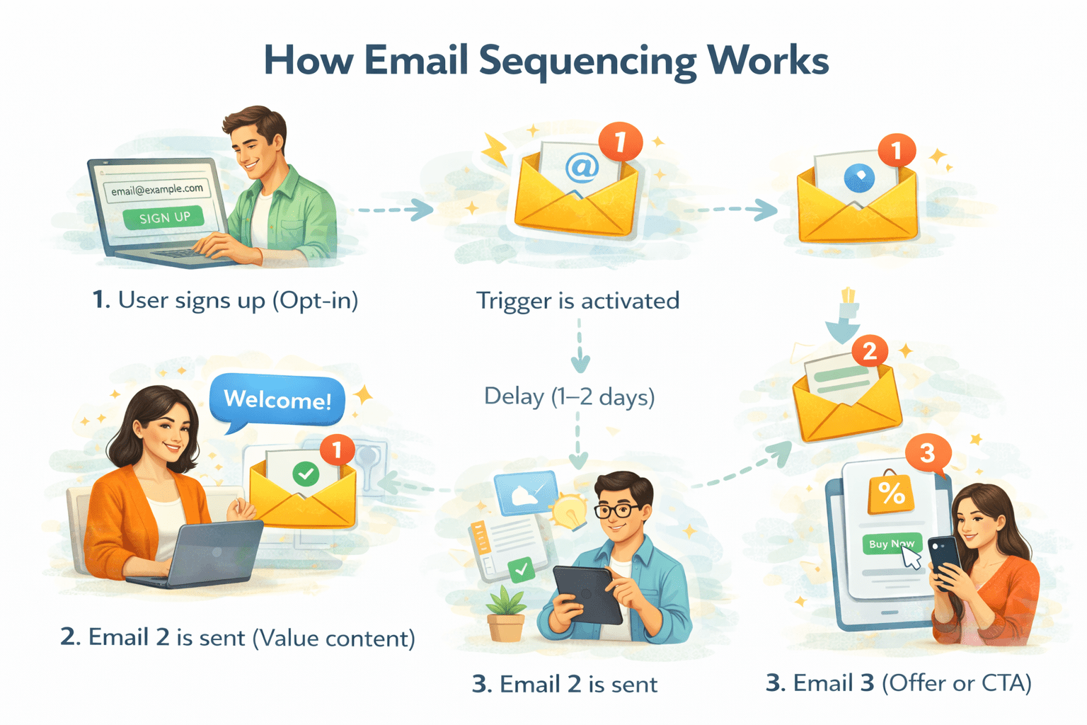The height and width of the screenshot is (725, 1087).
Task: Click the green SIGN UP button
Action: click(163, 217)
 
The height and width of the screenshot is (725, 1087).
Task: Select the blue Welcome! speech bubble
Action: click(277, 400)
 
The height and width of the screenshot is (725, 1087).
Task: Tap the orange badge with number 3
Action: click(928, 452)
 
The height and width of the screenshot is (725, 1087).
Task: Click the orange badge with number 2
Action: click(870, 350)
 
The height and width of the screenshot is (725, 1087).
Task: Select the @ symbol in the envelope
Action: click(582, 167)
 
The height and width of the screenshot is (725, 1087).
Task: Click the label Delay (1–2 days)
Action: click(570, 396)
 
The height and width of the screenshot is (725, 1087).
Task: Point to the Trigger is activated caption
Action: click(577, 301)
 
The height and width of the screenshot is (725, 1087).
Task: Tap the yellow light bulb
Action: click(570, 510)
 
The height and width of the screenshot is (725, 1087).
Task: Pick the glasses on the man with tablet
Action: click(618, 510)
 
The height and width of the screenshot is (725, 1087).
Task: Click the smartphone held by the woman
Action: click(945, 559)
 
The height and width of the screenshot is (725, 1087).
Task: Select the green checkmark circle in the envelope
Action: click(306, 473)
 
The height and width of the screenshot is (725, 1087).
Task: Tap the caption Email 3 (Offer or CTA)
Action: click(899, 683)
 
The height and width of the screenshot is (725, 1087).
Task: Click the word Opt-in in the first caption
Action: click(315, 300)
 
